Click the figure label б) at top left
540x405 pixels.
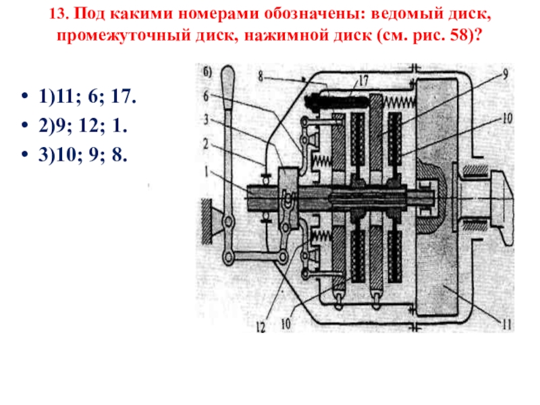(x=208, y=70)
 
